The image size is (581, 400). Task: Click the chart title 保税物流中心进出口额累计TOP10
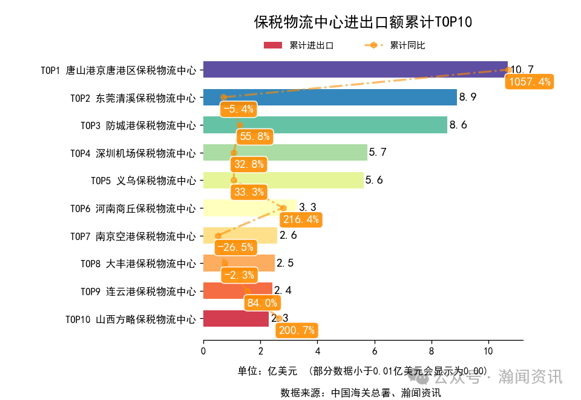363,22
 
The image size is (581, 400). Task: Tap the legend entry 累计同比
397,45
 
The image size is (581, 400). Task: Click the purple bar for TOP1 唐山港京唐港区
355,70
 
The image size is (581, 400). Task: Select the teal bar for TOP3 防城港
325,125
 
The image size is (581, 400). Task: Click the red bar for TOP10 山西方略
235,318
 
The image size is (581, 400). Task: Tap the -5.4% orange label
238,110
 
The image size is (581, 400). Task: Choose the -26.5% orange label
235,247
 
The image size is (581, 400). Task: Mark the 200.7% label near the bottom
296,330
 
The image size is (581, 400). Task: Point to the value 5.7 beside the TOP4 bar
378,152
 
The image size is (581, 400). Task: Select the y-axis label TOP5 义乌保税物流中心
143,181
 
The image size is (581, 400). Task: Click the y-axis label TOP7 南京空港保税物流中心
133,236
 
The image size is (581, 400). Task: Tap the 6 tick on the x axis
374,351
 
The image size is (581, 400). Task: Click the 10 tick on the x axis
488,351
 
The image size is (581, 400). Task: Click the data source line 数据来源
361,392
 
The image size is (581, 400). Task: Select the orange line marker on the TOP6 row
283,208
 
